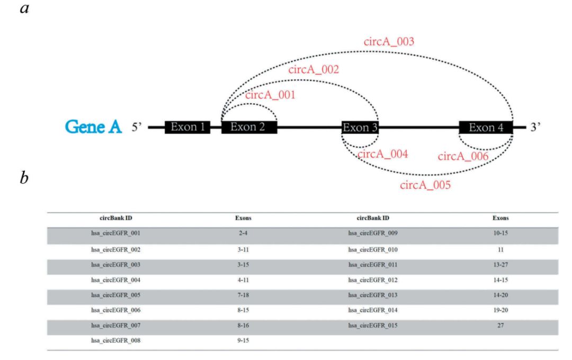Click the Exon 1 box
coord(187,127)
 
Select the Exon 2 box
coord(249,127)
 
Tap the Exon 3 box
coord(360,128)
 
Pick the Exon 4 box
coord(486,127)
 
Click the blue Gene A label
coord(93,127)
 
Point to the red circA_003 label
coord(388,42)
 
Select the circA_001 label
coord(270,95)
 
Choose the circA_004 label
coord(382,155)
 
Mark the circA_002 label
coord(313,70)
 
